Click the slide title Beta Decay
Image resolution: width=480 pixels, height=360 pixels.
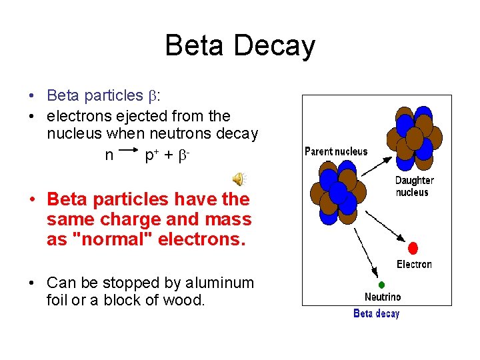point(240,46)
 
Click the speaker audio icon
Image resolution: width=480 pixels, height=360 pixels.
point(238,178)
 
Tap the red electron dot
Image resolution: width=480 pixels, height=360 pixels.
point(413,248)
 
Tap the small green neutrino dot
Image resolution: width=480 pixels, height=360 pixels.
point(382,285)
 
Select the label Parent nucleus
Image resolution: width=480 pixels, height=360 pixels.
point(335,151)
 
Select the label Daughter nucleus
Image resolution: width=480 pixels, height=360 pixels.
point(414,186)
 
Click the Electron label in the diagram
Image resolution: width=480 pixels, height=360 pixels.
point(414,264)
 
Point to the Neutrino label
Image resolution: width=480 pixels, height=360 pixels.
point(383,297)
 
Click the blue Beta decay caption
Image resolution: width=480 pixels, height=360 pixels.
point(376,313)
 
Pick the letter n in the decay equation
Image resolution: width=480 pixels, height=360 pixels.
point(109,155)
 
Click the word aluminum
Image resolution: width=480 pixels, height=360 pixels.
point(221,283)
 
